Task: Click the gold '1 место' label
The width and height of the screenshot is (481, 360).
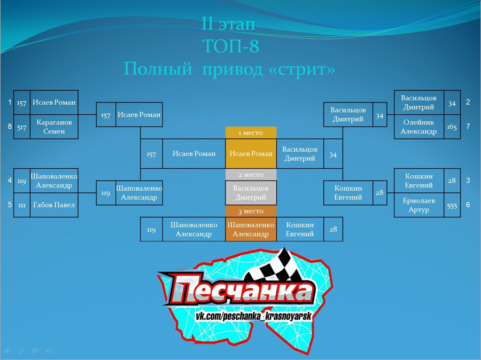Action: point(251,133)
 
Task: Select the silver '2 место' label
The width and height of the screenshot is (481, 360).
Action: point(251,175)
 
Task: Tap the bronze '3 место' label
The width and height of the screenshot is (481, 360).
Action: point(251,212)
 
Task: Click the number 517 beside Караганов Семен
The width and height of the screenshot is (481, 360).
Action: point(22,127)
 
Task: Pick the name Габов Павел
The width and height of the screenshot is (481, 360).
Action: point(54,205)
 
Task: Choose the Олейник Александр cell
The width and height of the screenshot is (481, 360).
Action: point(418,127)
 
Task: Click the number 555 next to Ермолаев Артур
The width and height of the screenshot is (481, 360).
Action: point(452,206)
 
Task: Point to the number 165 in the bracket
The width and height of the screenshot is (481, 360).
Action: point(452,127)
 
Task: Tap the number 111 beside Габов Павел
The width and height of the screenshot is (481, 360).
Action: point(22,205)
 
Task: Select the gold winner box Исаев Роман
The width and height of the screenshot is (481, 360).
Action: point(251,154)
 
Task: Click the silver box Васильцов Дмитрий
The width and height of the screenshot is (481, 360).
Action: point(251,193)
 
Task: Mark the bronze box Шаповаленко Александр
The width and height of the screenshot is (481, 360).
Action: point(251,229)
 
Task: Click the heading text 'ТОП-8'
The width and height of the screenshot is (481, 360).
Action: point(231,46)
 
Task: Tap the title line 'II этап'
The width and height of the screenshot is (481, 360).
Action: point(229,24)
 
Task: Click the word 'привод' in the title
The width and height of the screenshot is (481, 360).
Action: point(232,69)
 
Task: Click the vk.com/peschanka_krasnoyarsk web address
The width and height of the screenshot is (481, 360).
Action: point(254,316)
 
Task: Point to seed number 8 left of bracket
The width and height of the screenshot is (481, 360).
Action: point(10,127)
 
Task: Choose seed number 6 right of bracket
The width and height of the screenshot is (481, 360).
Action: point(468,205)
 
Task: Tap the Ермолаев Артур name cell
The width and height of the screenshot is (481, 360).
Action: point(418,205)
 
